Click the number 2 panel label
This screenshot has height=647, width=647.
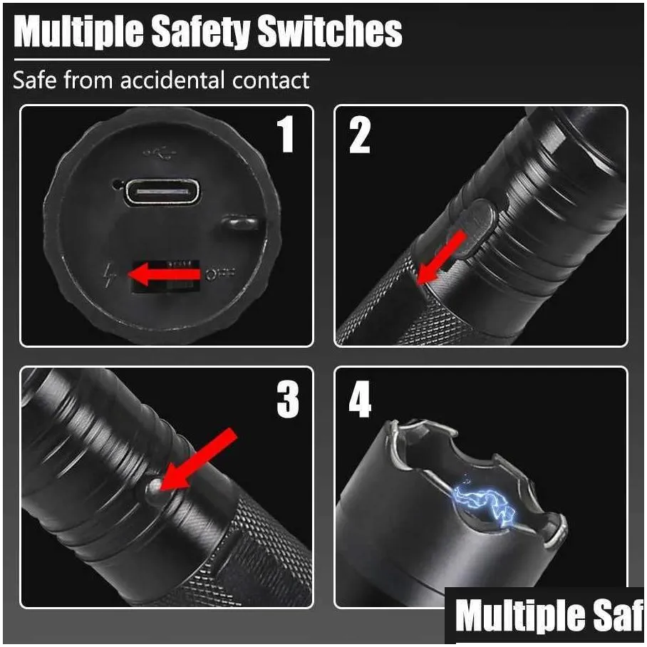(360, 135)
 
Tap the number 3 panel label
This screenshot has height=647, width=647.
(288, 400)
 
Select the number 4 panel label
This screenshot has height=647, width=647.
(360, 400)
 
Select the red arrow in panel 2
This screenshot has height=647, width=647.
(440, 257)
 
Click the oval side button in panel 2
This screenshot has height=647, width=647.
(476, 227)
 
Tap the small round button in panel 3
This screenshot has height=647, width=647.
(153, 487)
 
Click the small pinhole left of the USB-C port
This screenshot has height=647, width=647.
(116, 185)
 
